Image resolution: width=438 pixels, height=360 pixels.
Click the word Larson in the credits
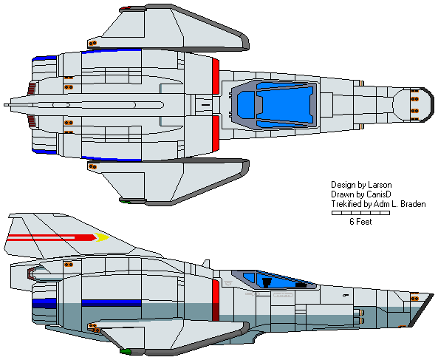(380, 185)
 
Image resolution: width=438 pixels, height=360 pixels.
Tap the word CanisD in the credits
(378, 194)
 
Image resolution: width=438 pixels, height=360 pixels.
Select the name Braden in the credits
(413, 204)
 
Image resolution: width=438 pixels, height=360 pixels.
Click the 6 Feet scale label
(360, 222)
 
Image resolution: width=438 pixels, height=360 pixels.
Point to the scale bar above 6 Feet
(360, 213)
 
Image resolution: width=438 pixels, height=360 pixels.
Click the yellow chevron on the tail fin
(102, 237)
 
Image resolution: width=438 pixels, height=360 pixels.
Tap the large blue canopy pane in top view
(285, 105)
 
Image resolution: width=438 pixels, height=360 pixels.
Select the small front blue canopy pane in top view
(246, 105)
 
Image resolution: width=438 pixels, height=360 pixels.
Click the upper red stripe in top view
(216, 77)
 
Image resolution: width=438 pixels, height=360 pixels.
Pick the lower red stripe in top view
(216, 133)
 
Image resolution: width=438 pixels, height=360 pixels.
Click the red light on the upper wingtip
(126, 8)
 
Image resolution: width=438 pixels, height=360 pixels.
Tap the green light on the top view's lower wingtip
(126, 201)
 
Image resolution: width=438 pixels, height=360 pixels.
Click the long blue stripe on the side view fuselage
(112, 303)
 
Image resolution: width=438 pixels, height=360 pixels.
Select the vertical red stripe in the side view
(216, 299)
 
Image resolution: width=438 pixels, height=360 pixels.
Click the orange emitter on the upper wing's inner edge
(93, 43)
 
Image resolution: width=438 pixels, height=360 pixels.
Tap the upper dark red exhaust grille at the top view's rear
(32, 89)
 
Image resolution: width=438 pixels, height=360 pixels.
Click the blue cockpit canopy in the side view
(279, 279)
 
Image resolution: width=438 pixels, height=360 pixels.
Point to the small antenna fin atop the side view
(206, 263)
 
